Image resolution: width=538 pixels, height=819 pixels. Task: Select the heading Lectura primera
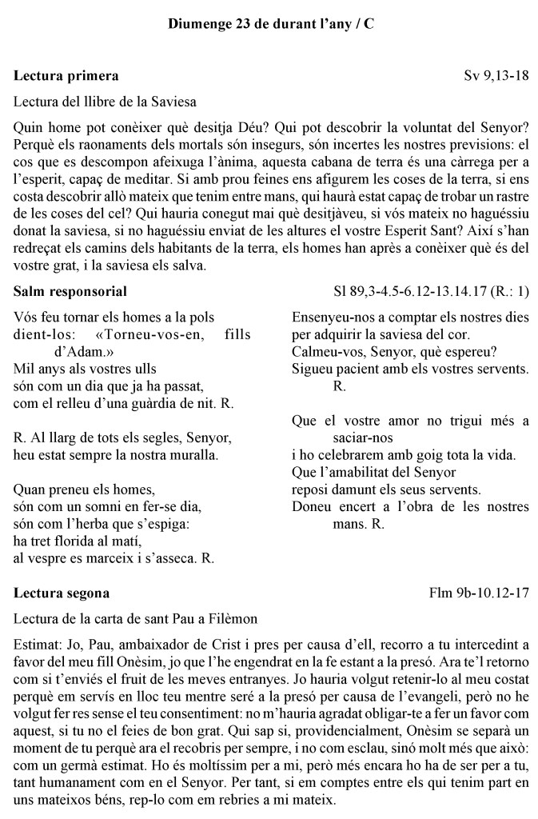(x=66, y=76)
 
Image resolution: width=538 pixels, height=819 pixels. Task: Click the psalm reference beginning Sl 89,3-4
(x=431, y=291)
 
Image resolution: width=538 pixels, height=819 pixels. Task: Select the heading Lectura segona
(x=62, y=593)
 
